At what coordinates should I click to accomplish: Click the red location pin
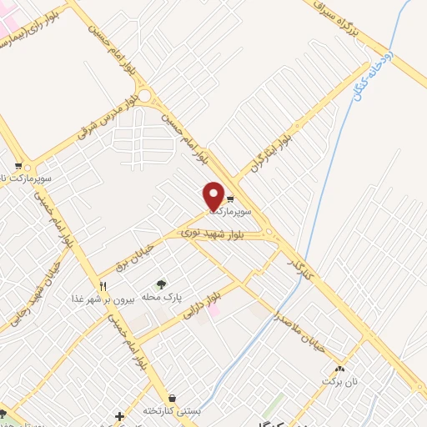[x=213, y=195]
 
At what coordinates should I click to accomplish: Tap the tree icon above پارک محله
[x=161, y=284]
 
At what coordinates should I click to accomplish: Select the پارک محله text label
[x=161, y=297]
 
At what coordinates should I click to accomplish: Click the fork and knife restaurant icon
[x=103, y=286]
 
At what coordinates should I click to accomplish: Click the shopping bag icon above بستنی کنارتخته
[x=172, y=398]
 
